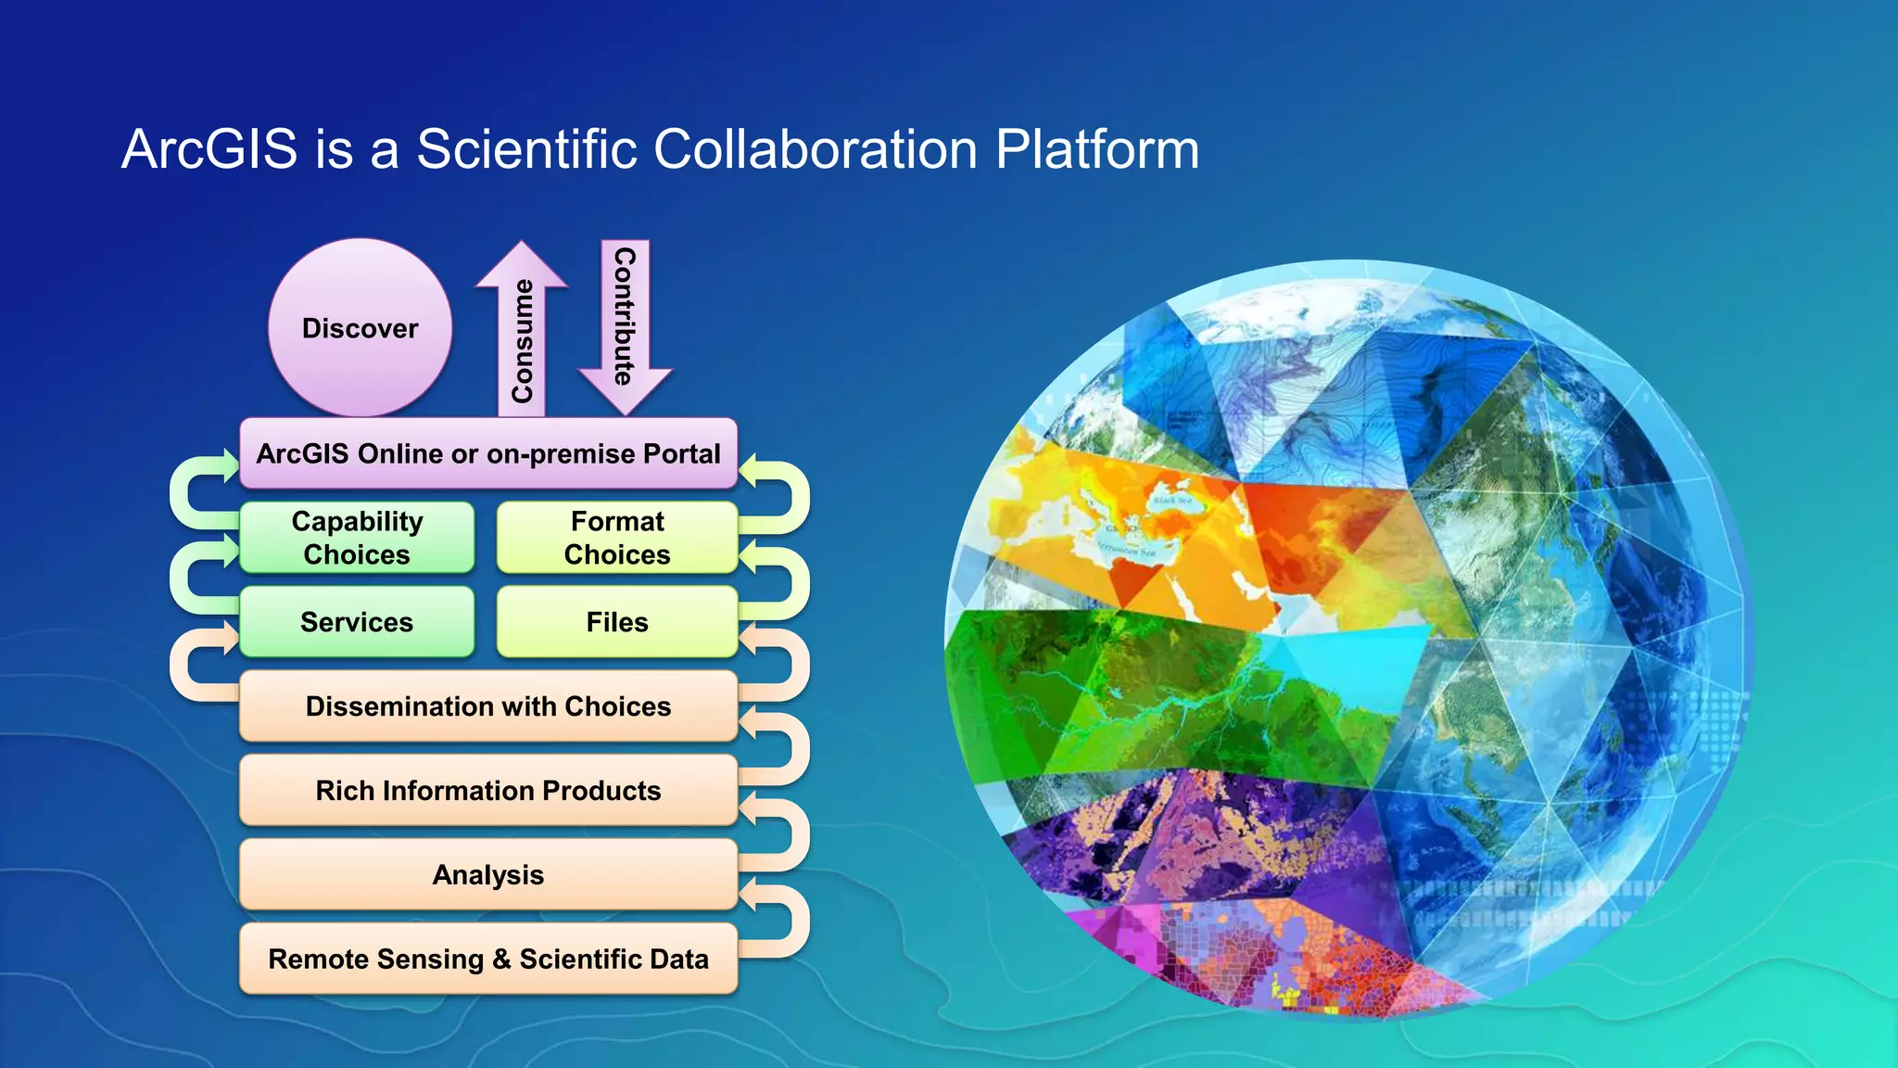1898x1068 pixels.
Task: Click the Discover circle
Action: pyautogui.click(x=361, y=328)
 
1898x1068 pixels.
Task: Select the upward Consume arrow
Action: pyautogui.click(x=522, y=334)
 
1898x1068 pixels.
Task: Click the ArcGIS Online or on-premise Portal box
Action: pyautogui.click(x=488, y=453)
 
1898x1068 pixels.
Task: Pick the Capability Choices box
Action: pyautogui.click(x=357, y=538)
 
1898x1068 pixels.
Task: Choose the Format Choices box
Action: pyautogui.click(x=617, y=538)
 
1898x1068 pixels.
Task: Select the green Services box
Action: pyautogui.click(x=357, y=622)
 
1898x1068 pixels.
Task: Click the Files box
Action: pyautogui.click(x=617, y=622)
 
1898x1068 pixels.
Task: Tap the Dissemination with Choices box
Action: pyautogui.click(x=488, y=706)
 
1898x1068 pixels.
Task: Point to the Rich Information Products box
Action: pyautogui.click(x=488, y=791)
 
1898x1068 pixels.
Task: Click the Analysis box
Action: pyautogui.click(x=488, y=875)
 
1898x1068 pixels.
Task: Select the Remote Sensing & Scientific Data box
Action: pyautogui.click(x=488, y=960)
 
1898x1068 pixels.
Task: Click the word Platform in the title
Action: pyautogui.click(x=1097, y=149)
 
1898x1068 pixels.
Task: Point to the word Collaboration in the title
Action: pyautogui.click(x=816, y=149)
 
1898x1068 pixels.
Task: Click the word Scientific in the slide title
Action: pyautogui.click(x=526, y=149)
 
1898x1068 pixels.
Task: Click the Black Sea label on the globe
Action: pyautogui.click(x=1172, y=500)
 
